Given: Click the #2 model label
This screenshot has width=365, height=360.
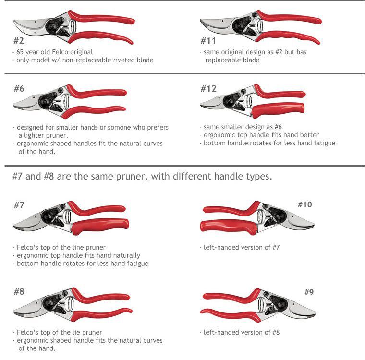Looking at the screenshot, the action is pos(19,40).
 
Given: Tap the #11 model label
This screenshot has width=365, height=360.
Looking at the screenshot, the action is pos(208,40).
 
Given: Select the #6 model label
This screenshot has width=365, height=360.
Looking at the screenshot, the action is pos(19,88).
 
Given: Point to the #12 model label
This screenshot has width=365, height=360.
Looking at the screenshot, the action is pos(208,88).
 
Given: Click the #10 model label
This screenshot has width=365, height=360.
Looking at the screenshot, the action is pos(304,204).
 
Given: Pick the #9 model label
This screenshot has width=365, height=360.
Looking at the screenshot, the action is pos(309,292).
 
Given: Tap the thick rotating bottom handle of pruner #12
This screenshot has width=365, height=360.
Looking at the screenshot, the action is pos(278,109).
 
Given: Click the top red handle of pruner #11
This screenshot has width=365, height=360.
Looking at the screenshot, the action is pos(289,18).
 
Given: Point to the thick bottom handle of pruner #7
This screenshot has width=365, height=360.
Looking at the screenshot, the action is pos(100,226).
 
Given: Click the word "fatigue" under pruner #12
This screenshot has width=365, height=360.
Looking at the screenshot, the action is pos(325,143).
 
